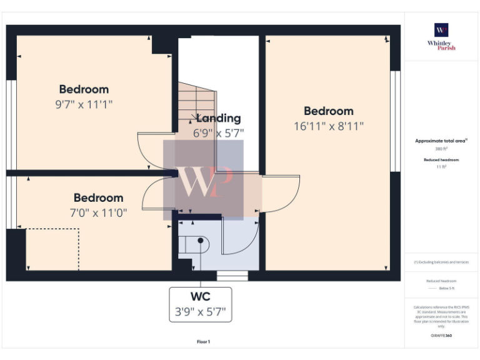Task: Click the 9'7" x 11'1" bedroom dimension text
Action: click(x=84, y=104)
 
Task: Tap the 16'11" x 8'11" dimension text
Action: click(x=329, y=126)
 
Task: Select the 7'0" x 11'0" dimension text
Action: click(x=99, y=212)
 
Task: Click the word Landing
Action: click(x=218, y=118)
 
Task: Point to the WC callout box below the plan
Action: click(x=200, y=304)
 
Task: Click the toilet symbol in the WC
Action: click(x=200, y=244)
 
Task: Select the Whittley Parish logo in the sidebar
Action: click(x=441, y=36)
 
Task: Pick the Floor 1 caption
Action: click(x=203, y=342)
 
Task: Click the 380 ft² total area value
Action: click(x=441, y=149)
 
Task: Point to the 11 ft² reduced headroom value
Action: click(x=441, y=167)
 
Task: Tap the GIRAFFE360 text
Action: click(x=441, y=336)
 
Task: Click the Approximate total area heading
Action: click(x=441, y=141)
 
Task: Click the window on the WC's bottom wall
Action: click(x=232, y=276)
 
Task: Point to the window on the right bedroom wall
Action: click(x=394, y=121)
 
